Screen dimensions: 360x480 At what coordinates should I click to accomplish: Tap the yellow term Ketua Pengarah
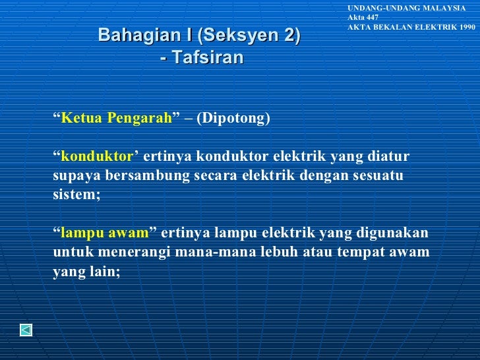[116, 119]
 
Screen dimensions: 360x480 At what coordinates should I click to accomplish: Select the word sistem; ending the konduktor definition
[76, 195]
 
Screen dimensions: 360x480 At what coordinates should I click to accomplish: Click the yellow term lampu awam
[105, 233]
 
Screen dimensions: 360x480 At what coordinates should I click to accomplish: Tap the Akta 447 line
[363, 16]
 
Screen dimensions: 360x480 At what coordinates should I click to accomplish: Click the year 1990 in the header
[464, 27]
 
